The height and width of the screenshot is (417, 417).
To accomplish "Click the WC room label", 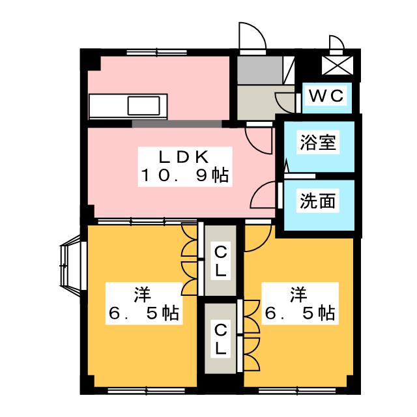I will click(x=325, y=96).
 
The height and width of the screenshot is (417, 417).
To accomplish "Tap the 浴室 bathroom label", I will click(x=318, y=143).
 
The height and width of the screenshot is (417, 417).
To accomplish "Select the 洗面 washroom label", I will click(x=318, y=201).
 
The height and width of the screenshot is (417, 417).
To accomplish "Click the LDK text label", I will click(x=183, y=157).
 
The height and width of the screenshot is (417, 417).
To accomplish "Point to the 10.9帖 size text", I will click(x=183, y=175).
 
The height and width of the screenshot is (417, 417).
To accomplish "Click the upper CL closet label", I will click(x=221, y=260).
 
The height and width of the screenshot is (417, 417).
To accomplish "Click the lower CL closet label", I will click(x=221, y=339).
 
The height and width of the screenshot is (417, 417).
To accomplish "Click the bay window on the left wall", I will click(x=70, y=265).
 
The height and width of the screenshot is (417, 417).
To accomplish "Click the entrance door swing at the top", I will click(x=251, y=38).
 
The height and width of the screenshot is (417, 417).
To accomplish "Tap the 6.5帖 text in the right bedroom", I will click(x=299, y=313).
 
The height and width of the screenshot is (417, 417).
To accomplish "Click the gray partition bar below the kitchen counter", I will click(x=176, y=122).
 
